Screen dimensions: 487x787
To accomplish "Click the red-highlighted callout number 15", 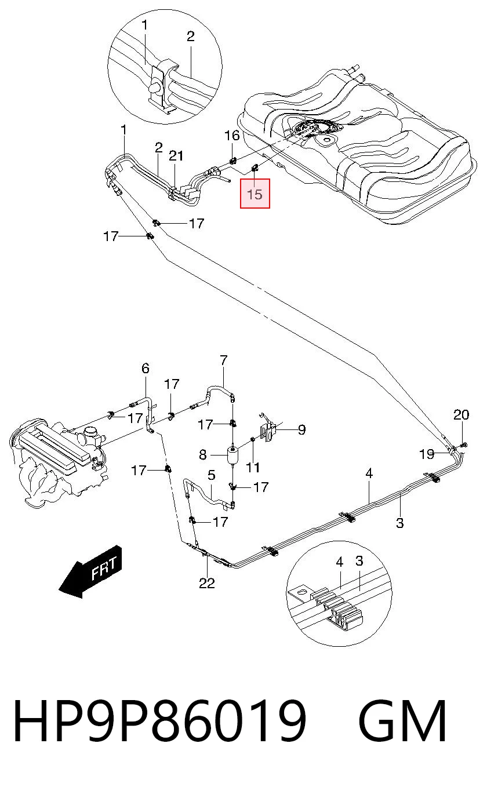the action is click(x=255, y=194).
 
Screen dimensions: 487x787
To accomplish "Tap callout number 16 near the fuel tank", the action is click(x=232, y=135).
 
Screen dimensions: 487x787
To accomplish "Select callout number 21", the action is click(x=176, y=156).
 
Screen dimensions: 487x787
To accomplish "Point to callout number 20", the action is click(x=461, y=415).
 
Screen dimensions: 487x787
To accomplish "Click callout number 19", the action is click(x=427, y=454).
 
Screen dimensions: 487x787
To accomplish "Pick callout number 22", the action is click(x=206, y=584).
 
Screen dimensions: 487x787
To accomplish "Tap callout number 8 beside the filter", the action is click(x=203, y=455).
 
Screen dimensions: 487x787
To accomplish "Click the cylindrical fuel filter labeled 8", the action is click(x=233, y=456).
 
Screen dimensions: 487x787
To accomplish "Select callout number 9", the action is click(x=302, y=429).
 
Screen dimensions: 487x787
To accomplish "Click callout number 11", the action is click(x=253, y=468).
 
